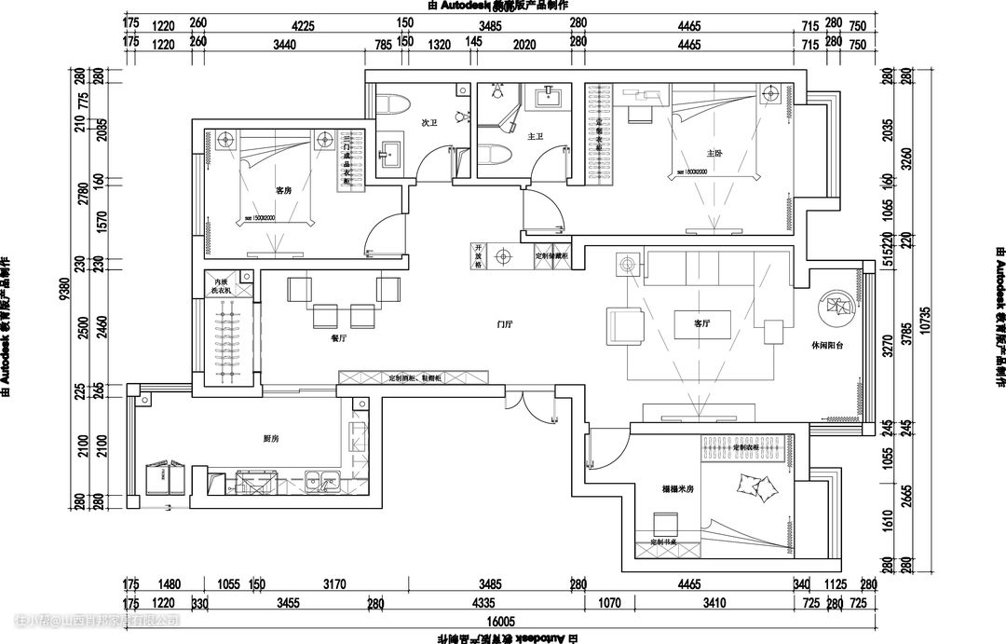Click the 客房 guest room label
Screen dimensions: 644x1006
coord(283,190)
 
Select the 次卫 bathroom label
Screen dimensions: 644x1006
coord(428,122)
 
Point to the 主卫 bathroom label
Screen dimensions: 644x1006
coord(535,137)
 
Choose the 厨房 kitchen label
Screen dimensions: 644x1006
coord(271,438)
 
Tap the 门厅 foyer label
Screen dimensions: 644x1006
coord(505,324)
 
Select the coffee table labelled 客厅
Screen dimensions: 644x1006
coord(703,325)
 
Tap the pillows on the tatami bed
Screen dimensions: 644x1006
coord(754,485)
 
